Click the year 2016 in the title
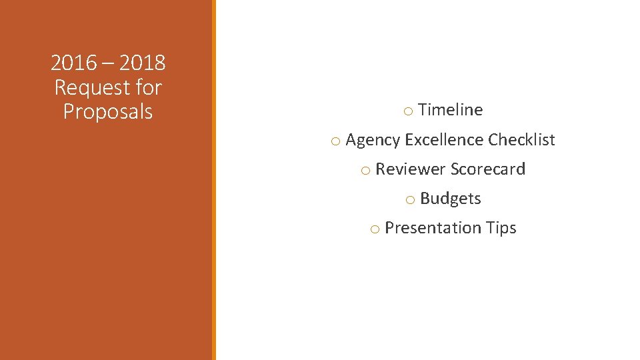click(x=73, y=63)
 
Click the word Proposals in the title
click(x=108, y=111)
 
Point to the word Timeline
click(x=451, y=110)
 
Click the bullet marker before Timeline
click(x=408, y=111)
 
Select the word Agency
click(x=373, y=140)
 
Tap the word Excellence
click(x=444, y=139)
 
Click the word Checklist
click(x=521, y=139)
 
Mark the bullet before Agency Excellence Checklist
click(x=335, y=141)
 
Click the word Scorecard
click(x=488, y=169)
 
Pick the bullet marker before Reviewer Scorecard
click(x=365, y=171)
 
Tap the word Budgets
click(x=451, y=199)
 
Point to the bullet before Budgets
click(x=410, y=200)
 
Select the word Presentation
click(x=433, y=228)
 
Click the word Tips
click(x=501, y=228)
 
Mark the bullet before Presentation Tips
click(x=375, y=229)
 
